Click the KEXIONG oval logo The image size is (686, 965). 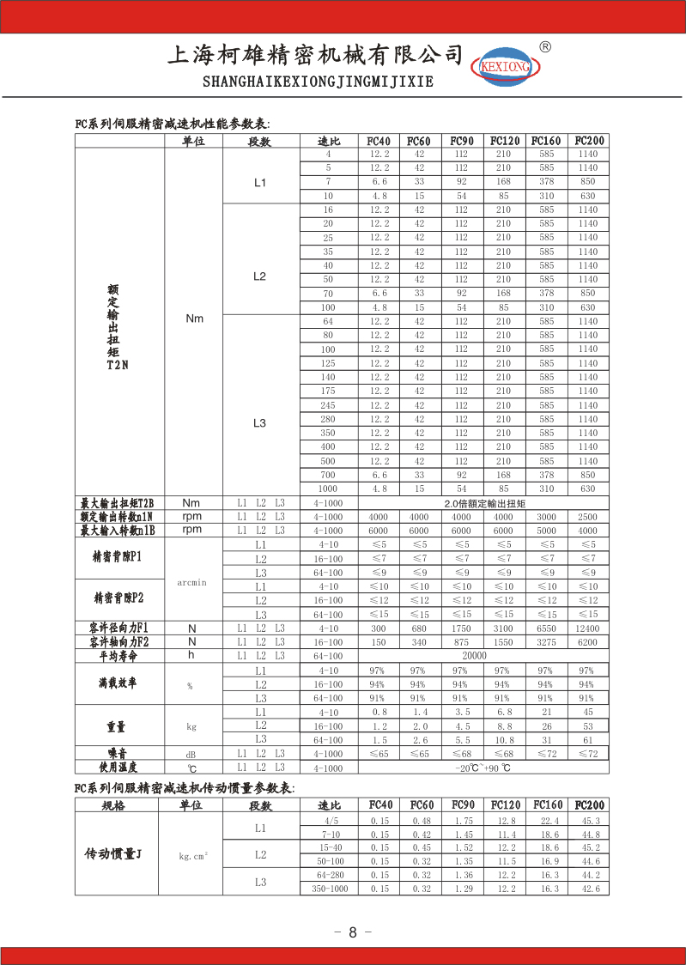(x=503, y=64)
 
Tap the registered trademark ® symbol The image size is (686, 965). (x=544, y=46)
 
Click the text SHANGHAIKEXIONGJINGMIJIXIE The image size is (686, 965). (x=317, y=82)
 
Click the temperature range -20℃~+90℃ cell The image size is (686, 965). (x=483, y=768)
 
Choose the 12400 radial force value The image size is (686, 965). (x=587, y=628)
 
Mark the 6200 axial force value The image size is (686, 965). (x=587, y=642)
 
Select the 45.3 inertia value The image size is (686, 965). (x=591, y=821)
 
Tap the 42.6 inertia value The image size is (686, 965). (x=591, y=889)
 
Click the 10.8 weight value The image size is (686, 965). (x=503, y=740)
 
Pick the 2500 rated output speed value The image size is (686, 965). (x=587, y=517)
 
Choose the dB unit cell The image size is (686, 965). (x=192, y=754)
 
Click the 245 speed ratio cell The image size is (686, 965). (x=328, y=405)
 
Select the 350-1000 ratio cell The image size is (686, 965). (x=330, y=889)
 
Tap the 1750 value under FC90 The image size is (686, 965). (x=461, y=628)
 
